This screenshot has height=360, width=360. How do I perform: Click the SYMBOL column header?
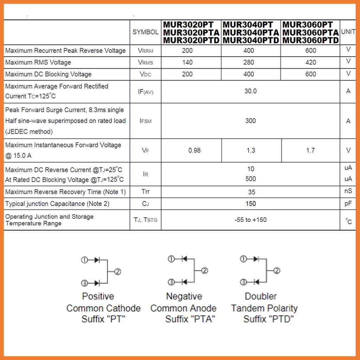145,32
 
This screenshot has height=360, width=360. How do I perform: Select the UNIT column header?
348,32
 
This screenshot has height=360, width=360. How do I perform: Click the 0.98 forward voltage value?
194,150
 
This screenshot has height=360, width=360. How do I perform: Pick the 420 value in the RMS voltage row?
310,62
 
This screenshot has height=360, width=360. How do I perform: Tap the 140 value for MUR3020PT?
187,62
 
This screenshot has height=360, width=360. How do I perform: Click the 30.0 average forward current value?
251,91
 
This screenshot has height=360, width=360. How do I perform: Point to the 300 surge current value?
251,121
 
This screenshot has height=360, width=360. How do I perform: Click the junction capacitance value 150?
251,204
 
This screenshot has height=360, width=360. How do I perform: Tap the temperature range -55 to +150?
251,220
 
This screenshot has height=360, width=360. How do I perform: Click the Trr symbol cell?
146,192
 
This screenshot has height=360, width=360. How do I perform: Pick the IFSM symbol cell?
146,121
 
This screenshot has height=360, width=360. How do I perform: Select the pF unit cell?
348,204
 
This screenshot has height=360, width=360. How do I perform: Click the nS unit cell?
348,192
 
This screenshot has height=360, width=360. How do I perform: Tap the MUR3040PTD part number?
251,40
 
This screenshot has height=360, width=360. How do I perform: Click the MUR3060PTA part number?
311,32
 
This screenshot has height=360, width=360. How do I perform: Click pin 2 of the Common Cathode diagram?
118,271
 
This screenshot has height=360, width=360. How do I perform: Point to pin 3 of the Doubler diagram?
243,282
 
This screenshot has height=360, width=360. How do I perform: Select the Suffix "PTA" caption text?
190,319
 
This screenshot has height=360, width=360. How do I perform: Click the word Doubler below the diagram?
261,296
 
